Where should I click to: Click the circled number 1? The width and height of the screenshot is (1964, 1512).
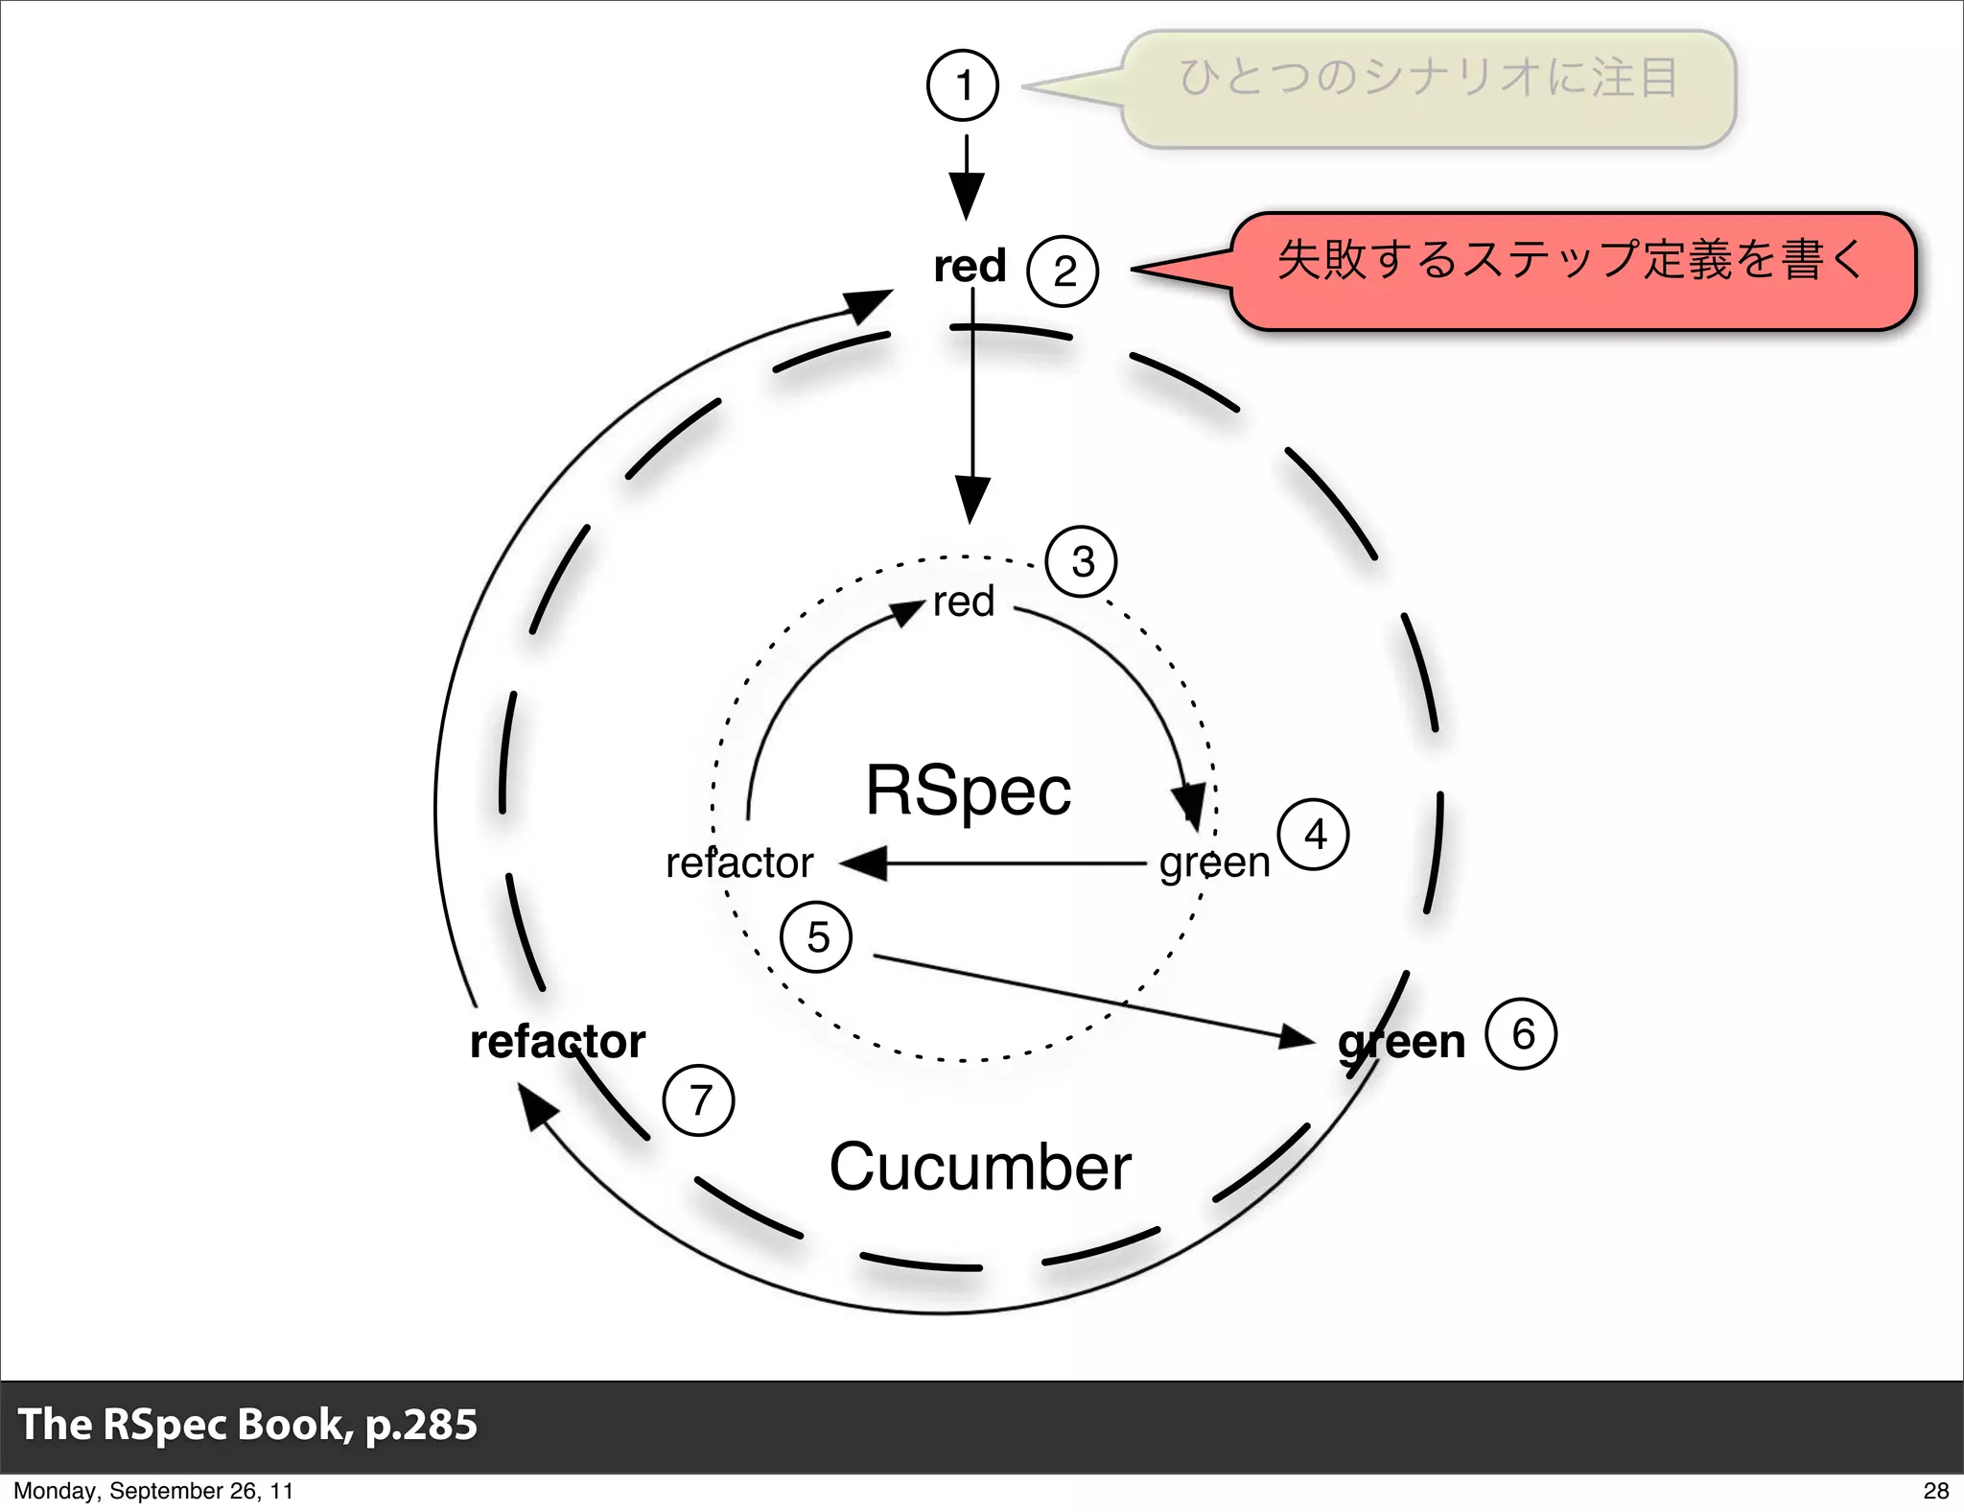963,85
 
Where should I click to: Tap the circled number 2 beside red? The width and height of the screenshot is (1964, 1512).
1063,272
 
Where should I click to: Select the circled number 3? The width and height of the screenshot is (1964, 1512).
1082,562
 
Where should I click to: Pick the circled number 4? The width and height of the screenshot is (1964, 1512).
1314,835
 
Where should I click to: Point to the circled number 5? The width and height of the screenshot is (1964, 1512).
817,937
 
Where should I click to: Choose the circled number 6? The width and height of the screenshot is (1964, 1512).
1521,1034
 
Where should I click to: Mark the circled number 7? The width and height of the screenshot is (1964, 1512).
699,1100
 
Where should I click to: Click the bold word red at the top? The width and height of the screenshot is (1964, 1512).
970,266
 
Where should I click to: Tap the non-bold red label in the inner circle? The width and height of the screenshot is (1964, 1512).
964,602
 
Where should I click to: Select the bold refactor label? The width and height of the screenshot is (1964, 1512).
557,1042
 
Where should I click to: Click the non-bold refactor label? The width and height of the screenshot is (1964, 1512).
739,862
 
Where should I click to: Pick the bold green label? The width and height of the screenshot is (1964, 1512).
1402,1042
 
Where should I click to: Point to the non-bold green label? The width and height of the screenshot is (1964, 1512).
1214,862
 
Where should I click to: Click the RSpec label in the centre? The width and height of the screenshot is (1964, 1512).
969,791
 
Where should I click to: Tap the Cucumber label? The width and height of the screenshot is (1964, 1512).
980,1167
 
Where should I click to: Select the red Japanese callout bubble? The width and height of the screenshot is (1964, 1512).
1573,272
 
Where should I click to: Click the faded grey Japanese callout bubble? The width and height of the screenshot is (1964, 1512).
1429,88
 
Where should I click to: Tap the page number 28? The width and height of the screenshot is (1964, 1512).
1935,1490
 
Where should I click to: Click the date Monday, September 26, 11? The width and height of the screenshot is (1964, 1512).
153,1490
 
